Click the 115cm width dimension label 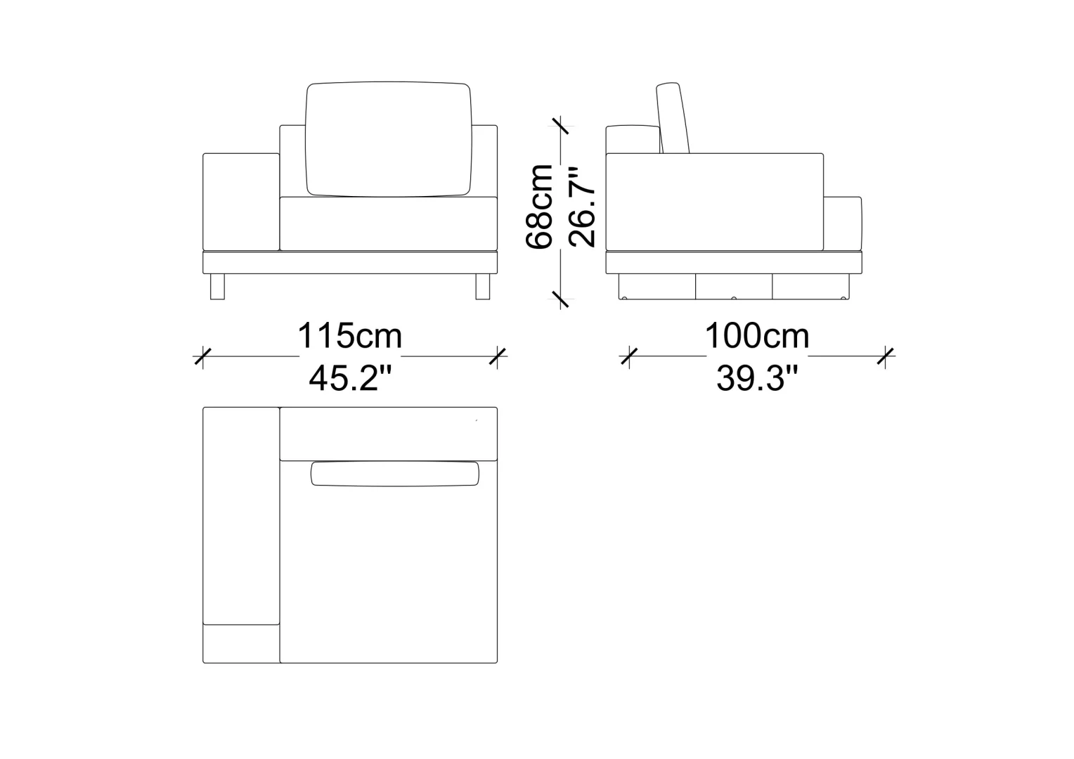349,336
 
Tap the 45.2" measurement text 351,378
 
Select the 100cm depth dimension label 756,336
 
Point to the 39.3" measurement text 758,378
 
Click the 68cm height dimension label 540,207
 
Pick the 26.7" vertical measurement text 582,207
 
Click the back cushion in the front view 389,139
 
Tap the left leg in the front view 217,287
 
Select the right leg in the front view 483,287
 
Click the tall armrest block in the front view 241,202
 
